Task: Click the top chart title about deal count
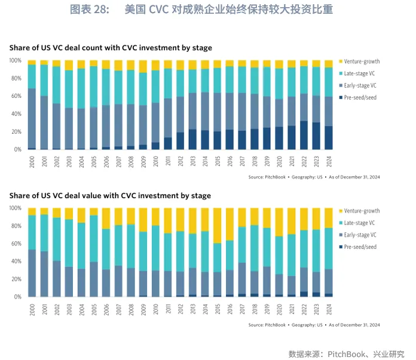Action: click(111, 48)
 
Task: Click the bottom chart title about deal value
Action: click(110, 195)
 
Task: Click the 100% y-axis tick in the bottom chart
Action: click(15, 208)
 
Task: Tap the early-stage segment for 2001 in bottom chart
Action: click(44, 274)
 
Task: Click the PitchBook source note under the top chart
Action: click(314, 177)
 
